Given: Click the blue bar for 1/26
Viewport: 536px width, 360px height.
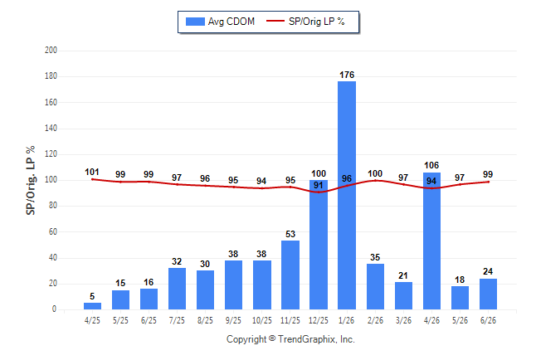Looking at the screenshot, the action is click(347, 195).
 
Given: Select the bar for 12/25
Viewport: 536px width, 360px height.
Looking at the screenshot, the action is click(319, 245).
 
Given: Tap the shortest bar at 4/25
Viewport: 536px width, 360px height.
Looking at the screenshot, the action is click(92, 306).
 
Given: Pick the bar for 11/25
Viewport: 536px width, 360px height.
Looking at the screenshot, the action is click(290, 275).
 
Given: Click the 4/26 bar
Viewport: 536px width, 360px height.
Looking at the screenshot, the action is click(431, 241).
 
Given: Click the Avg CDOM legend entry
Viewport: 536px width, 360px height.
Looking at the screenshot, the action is click(220, 22).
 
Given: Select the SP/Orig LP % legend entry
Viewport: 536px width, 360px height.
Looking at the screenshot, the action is click(305, 22).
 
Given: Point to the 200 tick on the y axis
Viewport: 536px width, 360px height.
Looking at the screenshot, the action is click(51, 51).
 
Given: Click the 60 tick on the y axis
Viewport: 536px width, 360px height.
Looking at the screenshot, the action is click(52, 231).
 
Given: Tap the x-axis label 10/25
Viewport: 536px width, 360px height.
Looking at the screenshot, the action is click(262, 320).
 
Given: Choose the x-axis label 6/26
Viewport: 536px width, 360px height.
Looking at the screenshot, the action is click(488, 320).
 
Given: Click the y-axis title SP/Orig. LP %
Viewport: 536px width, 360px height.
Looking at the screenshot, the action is click(31, 180).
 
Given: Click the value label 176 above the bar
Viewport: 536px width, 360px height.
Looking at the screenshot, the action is click(347, 75).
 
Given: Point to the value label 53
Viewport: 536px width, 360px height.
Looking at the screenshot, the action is click(290, 234).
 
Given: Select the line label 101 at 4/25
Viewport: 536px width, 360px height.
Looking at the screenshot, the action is click(92, 172).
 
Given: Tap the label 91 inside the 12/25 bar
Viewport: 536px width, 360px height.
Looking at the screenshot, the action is click(319, 185).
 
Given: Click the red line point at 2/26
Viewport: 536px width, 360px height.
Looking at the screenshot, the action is click(375, 180).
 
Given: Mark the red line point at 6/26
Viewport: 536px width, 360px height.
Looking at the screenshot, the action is click(488, 182).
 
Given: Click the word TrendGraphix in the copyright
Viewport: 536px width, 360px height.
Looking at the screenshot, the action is click(307, 339).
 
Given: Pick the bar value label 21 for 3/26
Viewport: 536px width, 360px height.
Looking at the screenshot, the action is click(403, 275).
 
